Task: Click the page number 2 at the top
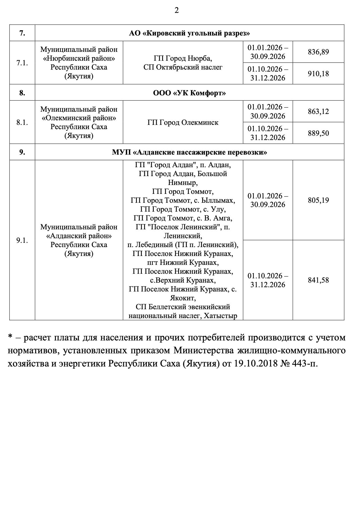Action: point(177,11)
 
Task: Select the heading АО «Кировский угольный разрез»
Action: point(189,33)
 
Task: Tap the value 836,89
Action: point(318,52)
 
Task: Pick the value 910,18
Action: point(318,74)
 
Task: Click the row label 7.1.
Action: point(22,63)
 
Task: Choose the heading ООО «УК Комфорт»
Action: point(189,93)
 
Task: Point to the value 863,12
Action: point(318,111)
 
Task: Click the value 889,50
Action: point(318,133)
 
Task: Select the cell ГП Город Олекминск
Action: point(183,123)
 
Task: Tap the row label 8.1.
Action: point(22,123)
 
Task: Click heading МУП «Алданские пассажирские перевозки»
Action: point(189,152)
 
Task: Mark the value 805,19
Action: point(318,200)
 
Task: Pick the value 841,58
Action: point(318,280)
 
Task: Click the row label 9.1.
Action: point(22,240)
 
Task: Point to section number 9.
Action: point(22,152)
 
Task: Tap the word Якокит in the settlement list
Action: point(183,298)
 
